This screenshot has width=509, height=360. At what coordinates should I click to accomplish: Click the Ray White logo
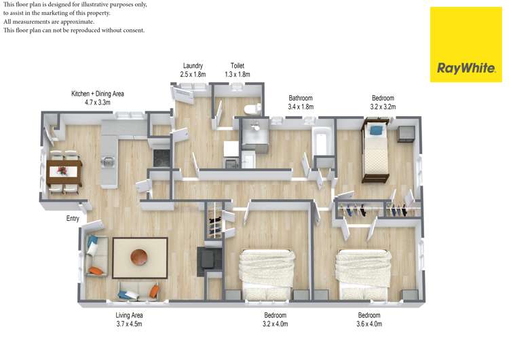pyautogui.click(x=466, y=45)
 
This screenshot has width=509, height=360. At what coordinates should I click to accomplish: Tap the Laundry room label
pyautogui.click(x=193, y=66)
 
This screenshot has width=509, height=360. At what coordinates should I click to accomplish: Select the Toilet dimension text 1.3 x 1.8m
pyautogui.click(x=238, y=75)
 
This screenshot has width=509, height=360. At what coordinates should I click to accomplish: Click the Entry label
pyautogui.click(x=73, y=218)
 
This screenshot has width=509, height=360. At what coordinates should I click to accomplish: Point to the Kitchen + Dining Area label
pyautogui.click(x=97, y=94)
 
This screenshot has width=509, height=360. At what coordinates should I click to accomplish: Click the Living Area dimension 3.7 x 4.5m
pyautogui.click(x=129, y=324)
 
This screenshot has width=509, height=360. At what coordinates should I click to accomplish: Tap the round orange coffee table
pyautogui.click(x=139, y=257)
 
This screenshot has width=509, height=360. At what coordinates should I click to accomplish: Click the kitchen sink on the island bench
pyautogui.click(x=108, y=161)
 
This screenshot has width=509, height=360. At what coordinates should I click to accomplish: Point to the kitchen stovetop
pyautogui.click(x=162, y=158)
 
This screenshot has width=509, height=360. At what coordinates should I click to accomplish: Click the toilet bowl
pyautogui.click(x=252, y=109)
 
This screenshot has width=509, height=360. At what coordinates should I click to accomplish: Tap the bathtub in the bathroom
pyautogui.click(x=322, y=143)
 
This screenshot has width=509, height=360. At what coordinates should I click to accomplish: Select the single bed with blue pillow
pyautogui.click(x=375, y=150)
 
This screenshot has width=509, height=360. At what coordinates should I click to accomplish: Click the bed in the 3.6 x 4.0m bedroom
pyautogui.click(x=363, y=274)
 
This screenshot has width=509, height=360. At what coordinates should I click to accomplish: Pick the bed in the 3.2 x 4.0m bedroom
pyautogui.click(x=267, y=274)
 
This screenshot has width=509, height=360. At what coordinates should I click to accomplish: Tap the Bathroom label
pyautogui.click(x=301, y=98)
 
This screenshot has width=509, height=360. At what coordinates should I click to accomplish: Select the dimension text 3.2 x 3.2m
pyautogui.click(x=383, y=107)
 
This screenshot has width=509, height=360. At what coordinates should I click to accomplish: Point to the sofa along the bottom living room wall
pyautogui.click(x=138, y=291)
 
